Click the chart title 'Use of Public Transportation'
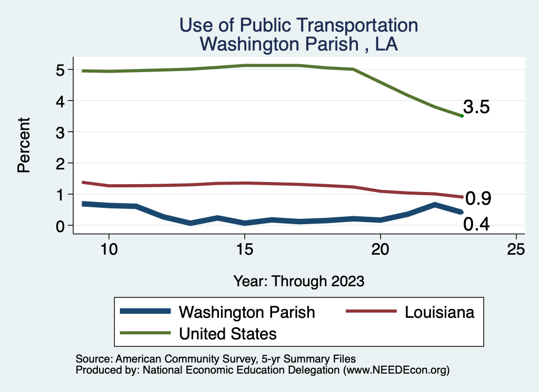[x=298, y=25]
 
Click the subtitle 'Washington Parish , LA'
[x=298, y=44]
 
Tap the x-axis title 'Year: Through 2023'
[x=298, y=281]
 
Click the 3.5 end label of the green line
[x=477, y=107]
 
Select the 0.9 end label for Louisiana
[x=478, y=198]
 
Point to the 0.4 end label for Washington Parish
[x=476, y=225]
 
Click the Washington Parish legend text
[x=247, y=312]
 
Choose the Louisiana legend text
[x=440, y=312]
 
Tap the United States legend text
[x=228, y=333]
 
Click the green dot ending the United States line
[x=462, y=116]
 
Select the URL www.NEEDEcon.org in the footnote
[x=396, y=370]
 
